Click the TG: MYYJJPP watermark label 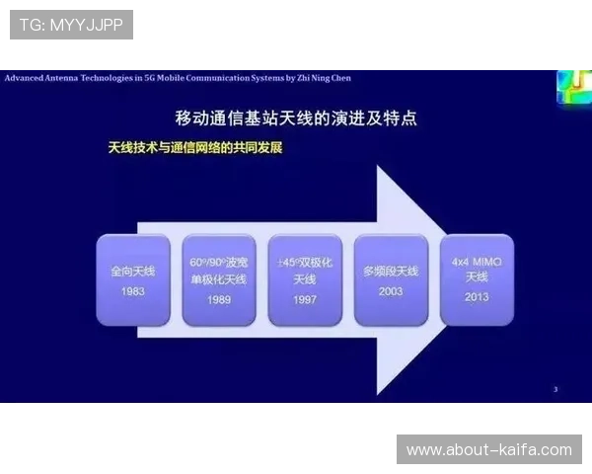tap(71, 25)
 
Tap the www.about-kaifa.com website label tap(488, 450)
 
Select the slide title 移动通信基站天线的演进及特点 tap(295, 118)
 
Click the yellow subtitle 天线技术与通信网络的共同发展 tap(195, 148)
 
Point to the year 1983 tap(133, 292)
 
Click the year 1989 tap(219, 299)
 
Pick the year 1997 tap(305, 299)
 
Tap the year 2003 tap(391, 292)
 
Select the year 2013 tap(477, 296)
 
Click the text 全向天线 tap(133, 271)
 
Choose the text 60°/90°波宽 tap(219, 264)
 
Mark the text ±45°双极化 tap(305, 264)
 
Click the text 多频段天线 tap(391, 271)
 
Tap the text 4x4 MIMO tap(477, 262)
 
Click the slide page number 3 tap(555, 390)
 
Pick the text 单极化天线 tap(219, 280)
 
